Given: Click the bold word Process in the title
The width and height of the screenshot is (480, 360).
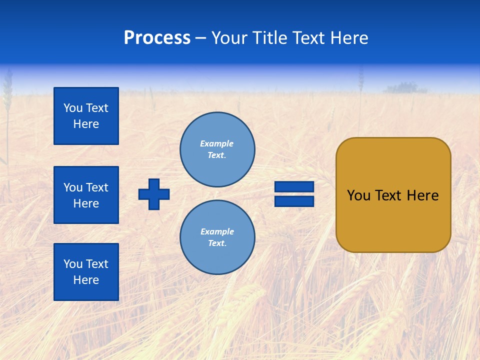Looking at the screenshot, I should (x=157, y=38).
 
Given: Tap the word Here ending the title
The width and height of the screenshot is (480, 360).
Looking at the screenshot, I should (x=348, y=38).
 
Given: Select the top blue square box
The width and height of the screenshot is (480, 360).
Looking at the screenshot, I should (x=86, y=116).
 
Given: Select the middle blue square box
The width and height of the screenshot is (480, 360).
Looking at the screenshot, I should (x=86, y=195).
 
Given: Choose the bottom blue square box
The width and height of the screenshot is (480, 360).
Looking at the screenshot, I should (x=86, y=272).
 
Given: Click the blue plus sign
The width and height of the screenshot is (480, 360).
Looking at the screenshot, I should (x=154, y=194).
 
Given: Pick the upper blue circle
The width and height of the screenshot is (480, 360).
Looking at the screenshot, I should (x=217, y=149).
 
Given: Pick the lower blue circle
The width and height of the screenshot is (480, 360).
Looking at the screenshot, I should (x=217, y=237).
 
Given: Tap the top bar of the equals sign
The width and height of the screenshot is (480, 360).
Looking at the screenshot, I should (x=294, y=186).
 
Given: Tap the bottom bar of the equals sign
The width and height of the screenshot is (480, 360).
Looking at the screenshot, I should (x=294, y=201).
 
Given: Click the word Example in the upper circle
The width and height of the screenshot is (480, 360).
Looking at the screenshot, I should (x=216, y=143).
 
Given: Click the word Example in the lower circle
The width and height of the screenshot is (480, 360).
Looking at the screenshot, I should (x=217, y=231).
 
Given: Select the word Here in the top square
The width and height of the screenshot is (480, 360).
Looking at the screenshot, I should (x=86, y=124).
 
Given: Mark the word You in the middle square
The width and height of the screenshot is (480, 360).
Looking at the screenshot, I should (x=73, y=187).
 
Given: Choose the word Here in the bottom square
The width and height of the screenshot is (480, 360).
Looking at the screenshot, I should (x=86, y=280).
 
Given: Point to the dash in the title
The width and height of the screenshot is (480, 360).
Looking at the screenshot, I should (x=200, y=38).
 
